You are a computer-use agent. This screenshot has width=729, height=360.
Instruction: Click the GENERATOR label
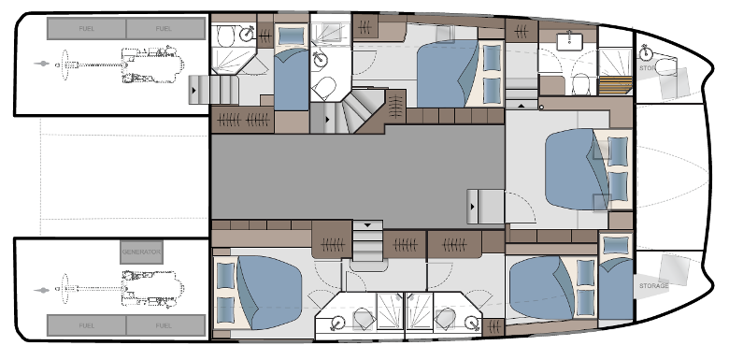coord(141,253)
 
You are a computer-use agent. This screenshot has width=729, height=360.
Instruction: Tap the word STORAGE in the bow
coord(654,284)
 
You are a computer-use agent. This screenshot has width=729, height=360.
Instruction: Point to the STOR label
coord(647,68)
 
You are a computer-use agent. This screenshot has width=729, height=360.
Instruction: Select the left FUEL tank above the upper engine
coord(85,30)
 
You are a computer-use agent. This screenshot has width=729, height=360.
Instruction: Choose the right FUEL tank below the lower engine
coord(165,324)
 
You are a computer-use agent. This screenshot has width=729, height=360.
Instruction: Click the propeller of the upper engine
coord(41,65)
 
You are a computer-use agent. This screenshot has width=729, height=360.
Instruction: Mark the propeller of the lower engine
coord(41,290)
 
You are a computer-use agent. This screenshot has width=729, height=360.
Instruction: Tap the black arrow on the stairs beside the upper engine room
coord(193,91)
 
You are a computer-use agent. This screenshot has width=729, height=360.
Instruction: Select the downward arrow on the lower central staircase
coord(368,225)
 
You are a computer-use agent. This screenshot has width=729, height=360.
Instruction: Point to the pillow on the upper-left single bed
coord(291,36)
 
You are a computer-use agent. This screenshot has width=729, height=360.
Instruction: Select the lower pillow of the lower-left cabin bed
coord(225,308)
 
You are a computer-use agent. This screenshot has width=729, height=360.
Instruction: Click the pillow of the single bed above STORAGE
coord(615,246)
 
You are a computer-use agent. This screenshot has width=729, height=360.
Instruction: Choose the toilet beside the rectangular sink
coord(580,83)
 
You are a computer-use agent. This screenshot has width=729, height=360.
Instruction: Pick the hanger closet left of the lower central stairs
coord(330,245)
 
